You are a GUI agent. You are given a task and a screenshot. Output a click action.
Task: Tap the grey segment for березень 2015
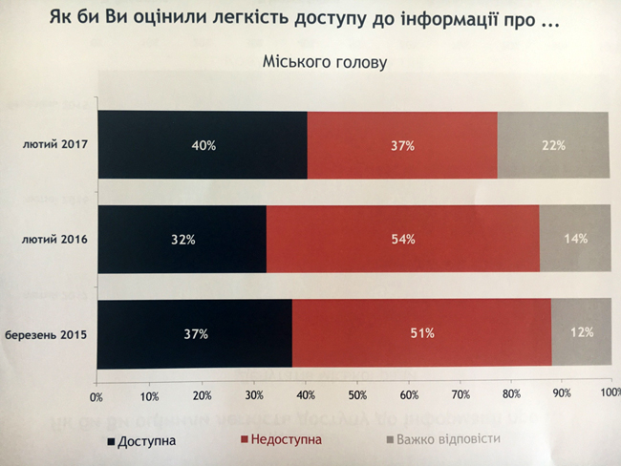coord(581,333)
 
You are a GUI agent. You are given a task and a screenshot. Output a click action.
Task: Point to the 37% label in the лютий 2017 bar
coord(401,146)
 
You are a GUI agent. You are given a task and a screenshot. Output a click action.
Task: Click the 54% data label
coord(403,239)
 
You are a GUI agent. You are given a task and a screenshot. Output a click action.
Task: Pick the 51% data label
coord(422,333)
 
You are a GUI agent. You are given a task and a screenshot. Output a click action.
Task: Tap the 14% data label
coord(575,238)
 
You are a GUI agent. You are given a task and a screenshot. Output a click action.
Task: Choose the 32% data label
coord(182,239)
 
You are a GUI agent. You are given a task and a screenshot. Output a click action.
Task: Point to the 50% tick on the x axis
coord(356,394)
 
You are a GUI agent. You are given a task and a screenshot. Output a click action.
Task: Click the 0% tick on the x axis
coord(96,395)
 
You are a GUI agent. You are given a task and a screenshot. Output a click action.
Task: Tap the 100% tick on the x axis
coord(610,392)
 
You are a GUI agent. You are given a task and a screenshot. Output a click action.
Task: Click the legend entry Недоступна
coord(282,440)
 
